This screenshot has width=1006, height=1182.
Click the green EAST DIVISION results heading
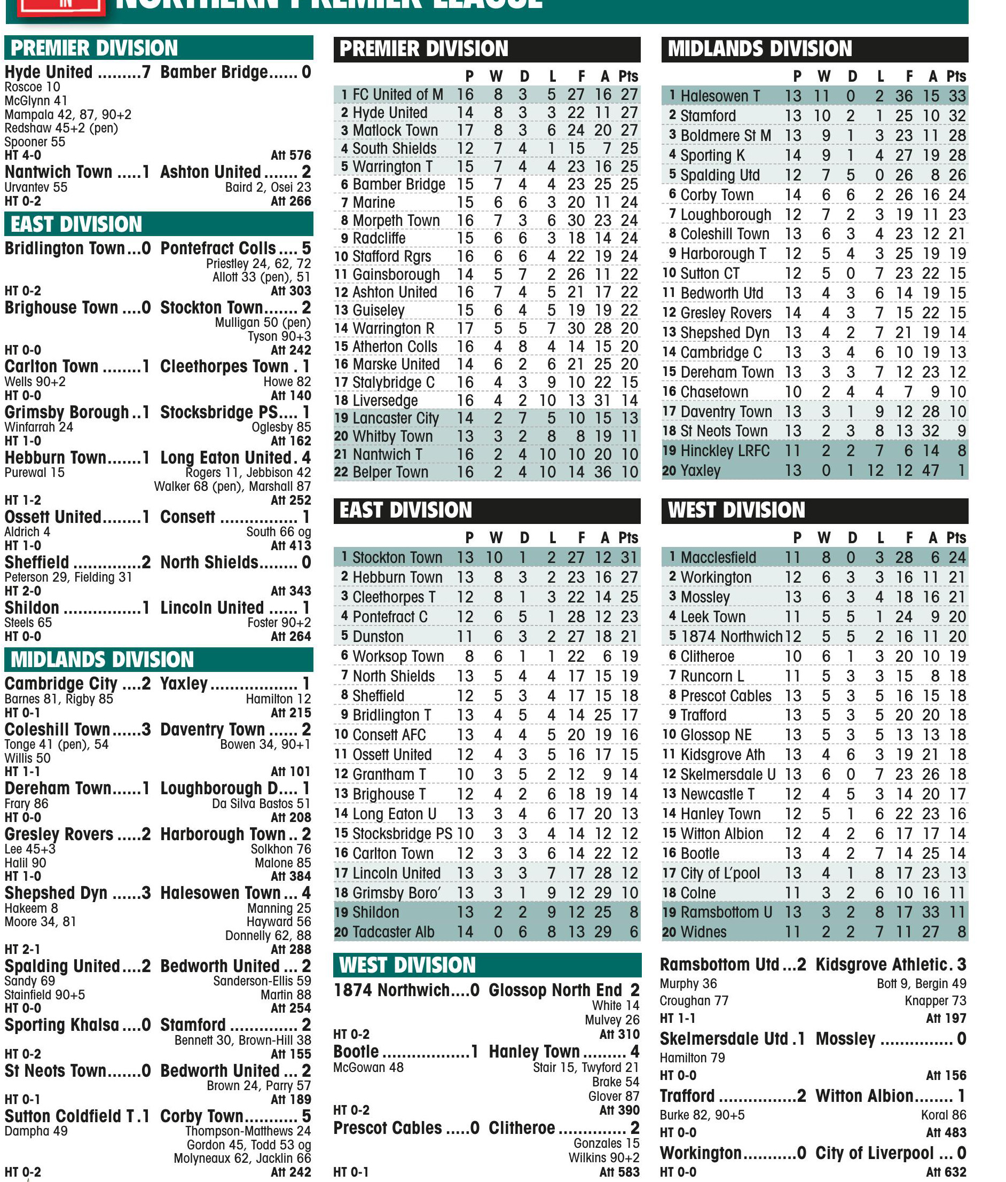pyautogui.click(x=76, y=224)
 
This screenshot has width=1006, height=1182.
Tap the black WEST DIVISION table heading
pyautogui.click(x=736, y=510)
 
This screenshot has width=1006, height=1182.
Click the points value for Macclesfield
pyautogui.click(x=957, y=557)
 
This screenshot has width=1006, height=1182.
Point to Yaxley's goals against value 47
pyautogui.click(x=931, y=471)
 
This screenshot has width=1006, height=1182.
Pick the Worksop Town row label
pyautogui.click(x=397, y=656)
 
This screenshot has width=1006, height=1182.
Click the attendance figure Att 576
pyautogui.click(x=291, y=155)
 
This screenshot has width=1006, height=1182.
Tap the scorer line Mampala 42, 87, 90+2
pyautogui.click(x=68, y=115)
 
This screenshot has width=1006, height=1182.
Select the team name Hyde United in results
pyautogui.click(x=49, y=73)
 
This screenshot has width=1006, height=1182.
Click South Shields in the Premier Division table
pyautogui.click(x=394, y=148)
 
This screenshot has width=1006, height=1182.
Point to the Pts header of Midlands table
pyautogui.click(x=956, y=76)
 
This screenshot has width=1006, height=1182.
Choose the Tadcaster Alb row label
pyautogui.click(x=393, y=932)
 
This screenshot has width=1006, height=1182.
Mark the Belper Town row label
pyautogui.click(x=390, y=472)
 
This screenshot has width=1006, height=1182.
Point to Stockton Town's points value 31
pyautogui.click(x=630, y=557)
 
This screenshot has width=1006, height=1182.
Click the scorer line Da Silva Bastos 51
pyautogui.click(x=261, y=804)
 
